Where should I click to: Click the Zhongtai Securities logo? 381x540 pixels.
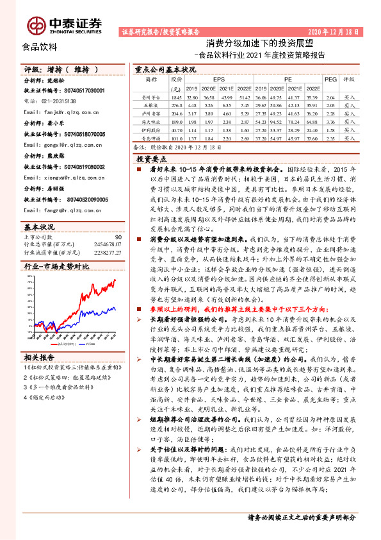(64, 23)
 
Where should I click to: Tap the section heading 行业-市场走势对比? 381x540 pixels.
(56, 265)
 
